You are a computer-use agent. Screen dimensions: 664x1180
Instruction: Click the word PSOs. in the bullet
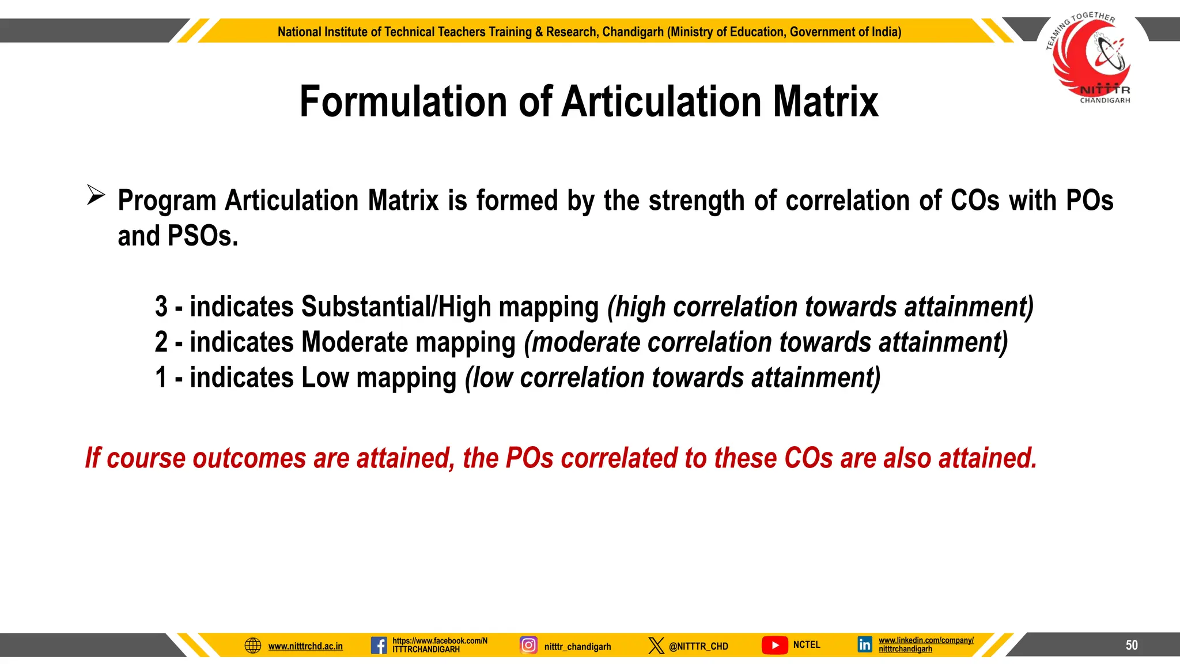[202, 236]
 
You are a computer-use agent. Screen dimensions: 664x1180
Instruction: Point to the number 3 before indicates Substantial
[161, 307]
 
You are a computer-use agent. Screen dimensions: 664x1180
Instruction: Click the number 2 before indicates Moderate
[161, 342]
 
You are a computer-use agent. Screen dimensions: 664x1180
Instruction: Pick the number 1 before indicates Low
[161, 378]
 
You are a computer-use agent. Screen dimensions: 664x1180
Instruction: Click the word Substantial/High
[396, 307]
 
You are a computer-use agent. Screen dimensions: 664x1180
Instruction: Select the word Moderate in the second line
[354, 342]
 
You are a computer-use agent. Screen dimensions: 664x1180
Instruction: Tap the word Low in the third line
[325, 378]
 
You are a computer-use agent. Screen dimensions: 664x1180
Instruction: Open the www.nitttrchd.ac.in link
[305, 646]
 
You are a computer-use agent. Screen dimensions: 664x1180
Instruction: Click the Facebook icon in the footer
[379, 645]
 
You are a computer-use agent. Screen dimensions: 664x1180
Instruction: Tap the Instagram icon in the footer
[528, 645]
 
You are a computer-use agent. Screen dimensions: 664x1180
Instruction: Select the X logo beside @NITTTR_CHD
[656, 646]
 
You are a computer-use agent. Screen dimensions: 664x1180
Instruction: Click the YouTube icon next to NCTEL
[774, 645]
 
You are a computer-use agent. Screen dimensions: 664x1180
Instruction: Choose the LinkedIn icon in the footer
[865, 644]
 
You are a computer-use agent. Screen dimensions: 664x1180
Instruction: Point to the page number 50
[1132, 645]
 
